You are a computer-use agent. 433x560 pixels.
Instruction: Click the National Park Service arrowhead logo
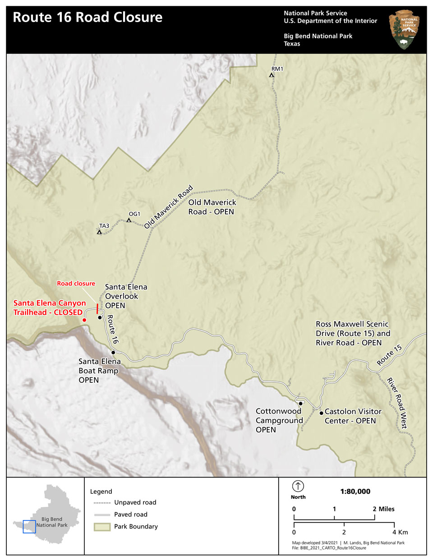[405, 30]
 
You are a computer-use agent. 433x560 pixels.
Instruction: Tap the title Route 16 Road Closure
[88, 17]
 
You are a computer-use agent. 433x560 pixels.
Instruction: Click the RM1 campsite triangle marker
[272, 75]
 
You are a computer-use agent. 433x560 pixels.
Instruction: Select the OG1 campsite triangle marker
[129, 220]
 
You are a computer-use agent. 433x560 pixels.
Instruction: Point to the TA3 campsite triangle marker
[99, 232]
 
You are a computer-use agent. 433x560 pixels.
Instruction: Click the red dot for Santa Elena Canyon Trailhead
[84, 320]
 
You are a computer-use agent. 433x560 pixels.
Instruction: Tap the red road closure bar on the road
[97, 308]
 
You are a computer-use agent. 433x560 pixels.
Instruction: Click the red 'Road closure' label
[76, 284]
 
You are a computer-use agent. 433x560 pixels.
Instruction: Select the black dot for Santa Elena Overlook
[100, 317]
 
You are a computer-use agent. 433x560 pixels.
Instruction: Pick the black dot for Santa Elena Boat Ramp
[113, 353]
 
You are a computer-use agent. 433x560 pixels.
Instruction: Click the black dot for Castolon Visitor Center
[321, 413]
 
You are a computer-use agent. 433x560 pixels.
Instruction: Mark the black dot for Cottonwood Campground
[300, 404]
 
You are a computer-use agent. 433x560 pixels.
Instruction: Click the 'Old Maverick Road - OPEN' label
[212, 207]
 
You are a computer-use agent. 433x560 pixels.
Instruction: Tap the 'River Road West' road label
[397, 403]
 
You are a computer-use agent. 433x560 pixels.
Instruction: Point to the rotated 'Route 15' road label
[389, 355]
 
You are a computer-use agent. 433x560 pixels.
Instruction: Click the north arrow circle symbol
[298, 486]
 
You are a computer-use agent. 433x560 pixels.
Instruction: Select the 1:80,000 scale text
[355, 491]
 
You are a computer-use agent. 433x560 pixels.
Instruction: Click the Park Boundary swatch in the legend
[102, 527]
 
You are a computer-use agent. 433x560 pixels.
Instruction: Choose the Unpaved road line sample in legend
[102, 503]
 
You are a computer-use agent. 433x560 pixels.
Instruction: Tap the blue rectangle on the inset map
[29, 527]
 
